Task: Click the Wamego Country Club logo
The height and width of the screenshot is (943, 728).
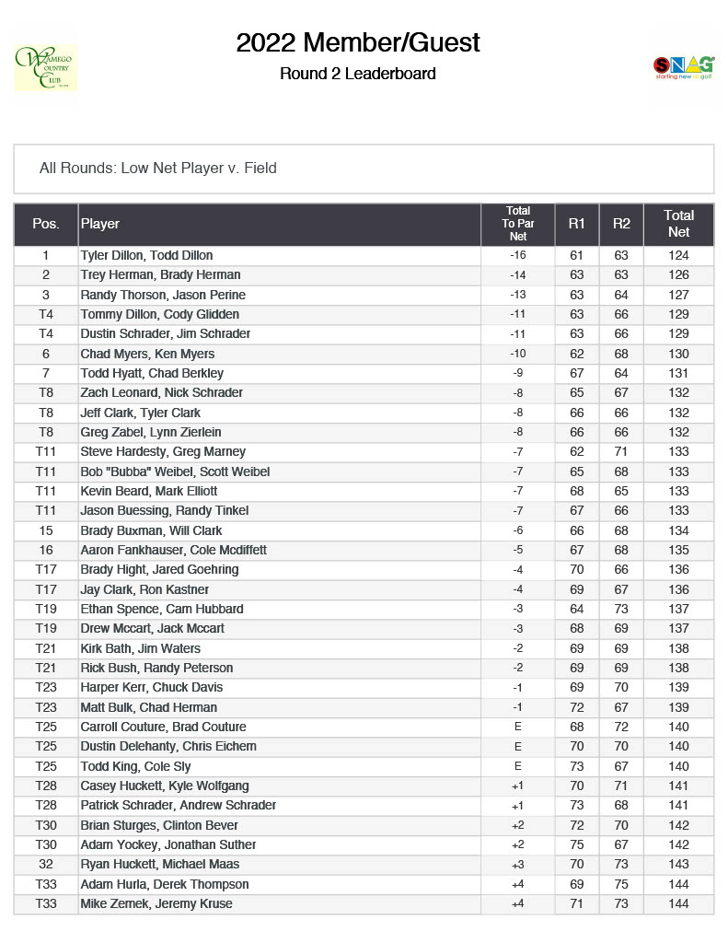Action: coord(45,67)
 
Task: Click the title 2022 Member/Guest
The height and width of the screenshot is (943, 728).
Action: coord(358,42)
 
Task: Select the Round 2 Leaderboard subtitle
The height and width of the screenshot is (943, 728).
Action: coord(358,74)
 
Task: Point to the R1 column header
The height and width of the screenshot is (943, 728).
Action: coord(577,223)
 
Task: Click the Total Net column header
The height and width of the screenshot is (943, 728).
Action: coord(678,223)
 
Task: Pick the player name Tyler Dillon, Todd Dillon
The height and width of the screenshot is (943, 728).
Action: coord(146,255)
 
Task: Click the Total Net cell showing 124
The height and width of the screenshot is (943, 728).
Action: coord(678,255)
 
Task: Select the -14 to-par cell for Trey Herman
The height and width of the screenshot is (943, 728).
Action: coord(517,274)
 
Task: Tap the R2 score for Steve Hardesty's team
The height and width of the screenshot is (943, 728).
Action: coord(621,451)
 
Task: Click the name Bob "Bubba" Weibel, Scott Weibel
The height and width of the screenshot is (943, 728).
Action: coord(175,471)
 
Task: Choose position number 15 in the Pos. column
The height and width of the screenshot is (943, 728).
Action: coord(46,530)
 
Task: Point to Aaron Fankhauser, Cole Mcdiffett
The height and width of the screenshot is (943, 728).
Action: coord(173,550)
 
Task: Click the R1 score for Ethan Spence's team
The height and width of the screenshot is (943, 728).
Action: coord(577,609)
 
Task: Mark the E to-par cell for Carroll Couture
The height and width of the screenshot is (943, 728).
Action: coord(517,727)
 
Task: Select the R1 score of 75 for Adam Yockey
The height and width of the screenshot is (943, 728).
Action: coord(577,844)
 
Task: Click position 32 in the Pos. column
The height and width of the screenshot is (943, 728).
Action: coord(46,864)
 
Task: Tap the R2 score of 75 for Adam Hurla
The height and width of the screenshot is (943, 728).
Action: coord(621,884)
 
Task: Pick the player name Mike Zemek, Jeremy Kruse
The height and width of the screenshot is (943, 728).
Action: coord(156,903)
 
